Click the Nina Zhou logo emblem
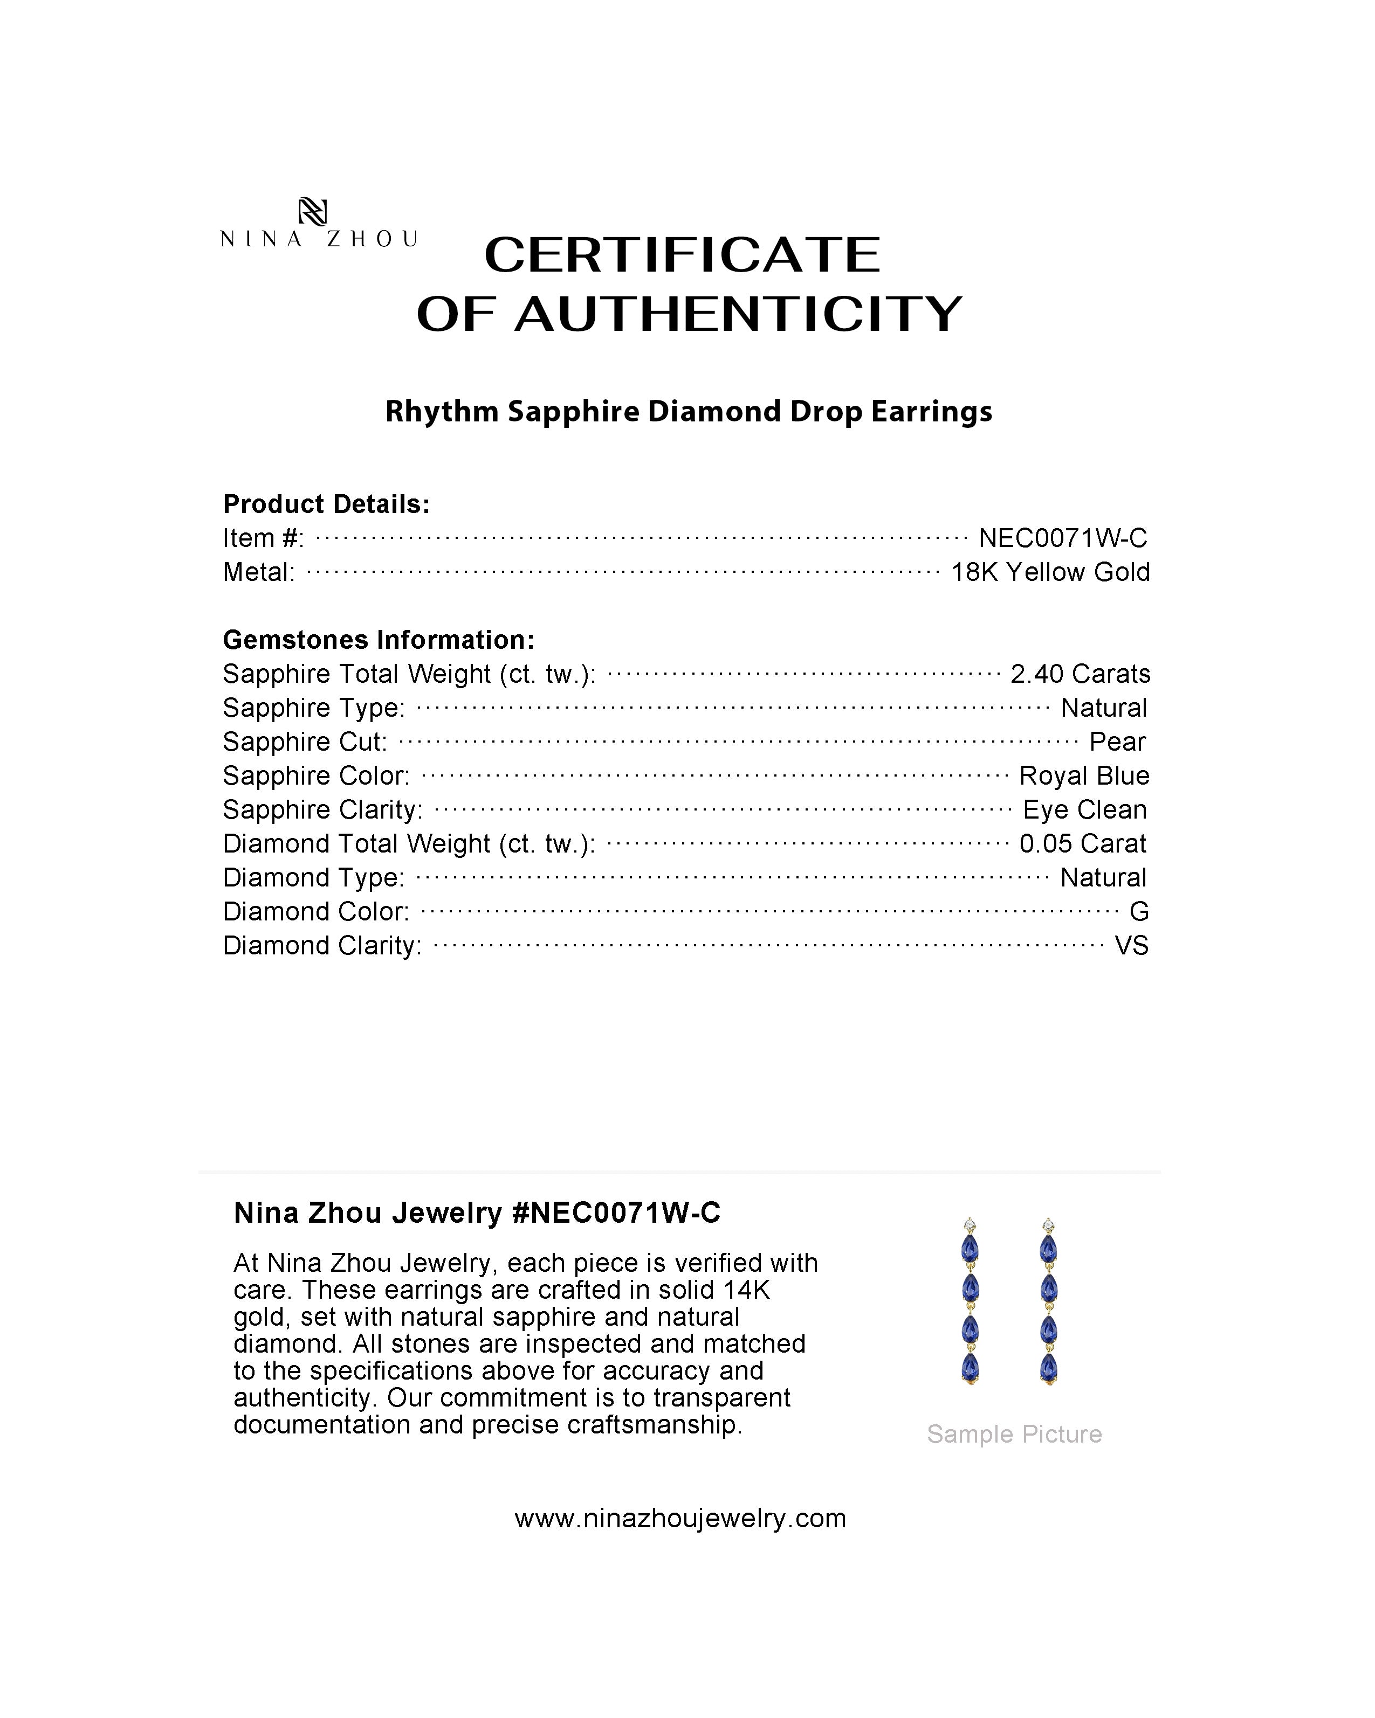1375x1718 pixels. click(312, 212)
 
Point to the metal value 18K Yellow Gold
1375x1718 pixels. click(1050, 572)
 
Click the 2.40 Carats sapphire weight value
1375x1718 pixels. click(1080, 674)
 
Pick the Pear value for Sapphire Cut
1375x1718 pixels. click(1118, 742)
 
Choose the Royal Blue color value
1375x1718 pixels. click(1084, 776)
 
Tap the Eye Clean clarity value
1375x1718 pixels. click(1085, 809)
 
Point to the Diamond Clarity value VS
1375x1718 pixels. click(1131, 946)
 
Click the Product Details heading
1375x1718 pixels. click(327, 504)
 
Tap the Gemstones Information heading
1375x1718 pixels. click(379, 640)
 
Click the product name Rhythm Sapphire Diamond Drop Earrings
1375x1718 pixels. click(689, 412)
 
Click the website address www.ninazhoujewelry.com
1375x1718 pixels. click(680, 1519)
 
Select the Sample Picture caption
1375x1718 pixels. click(1014, 1435)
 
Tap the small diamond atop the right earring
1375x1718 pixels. click(1048, 1225)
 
